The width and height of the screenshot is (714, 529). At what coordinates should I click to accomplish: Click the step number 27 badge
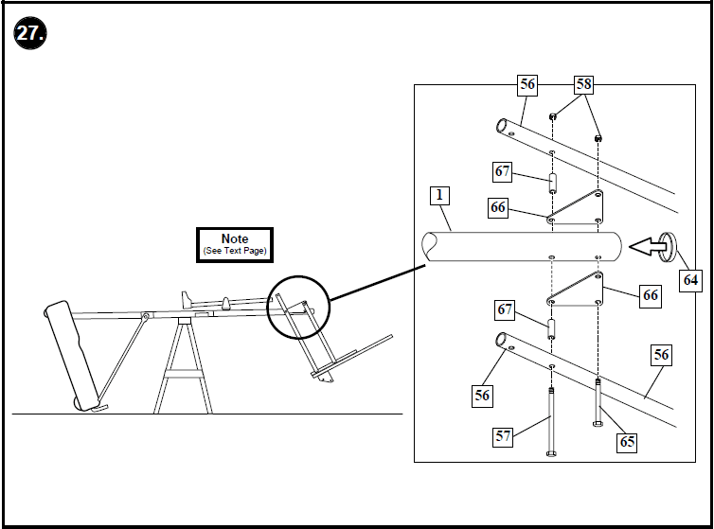point(30,34)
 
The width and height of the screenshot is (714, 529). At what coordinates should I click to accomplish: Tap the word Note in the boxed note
point(234,239)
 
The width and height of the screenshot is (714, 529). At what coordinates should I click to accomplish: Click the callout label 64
point(691,280)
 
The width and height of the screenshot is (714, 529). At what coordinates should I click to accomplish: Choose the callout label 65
point(626,441)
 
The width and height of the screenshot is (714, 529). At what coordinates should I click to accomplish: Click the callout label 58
point(583,84)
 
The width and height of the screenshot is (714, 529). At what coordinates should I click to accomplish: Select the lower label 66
point(650,295)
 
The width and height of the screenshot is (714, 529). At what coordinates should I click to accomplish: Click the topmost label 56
point(527,84)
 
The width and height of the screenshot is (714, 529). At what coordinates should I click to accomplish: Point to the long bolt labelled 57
point(551,421)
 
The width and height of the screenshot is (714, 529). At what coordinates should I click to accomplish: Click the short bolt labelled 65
point(598,402)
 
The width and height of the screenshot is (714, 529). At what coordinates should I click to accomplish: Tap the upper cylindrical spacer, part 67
point(551,181)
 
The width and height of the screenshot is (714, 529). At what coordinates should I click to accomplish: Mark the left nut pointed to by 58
point(552,117)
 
